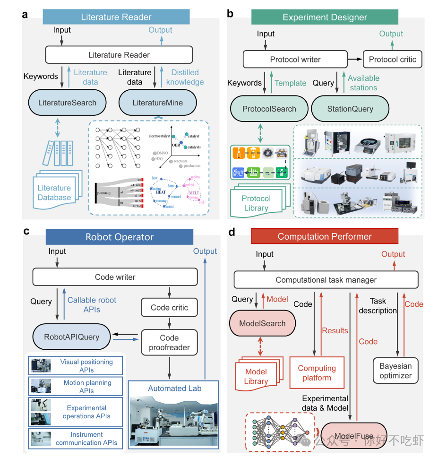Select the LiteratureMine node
157,103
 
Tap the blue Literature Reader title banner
116,17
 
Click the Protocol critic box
392,60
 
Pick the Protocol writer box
295,60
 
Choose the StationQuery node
350,109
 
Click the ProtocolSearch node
269,109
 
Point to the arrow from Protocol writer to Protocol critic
354,60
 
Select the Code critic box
169,308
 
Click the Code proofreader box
169,343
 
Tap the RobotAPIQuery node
72,337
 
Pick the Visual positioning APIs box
76,366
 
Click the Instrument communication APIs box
76,439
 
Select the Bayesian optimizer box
395,371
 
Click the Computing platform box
317,372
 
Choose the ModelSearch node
262,324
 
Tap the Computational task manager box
326,280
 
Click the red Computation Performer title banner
325,237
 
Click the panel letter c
26,231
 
